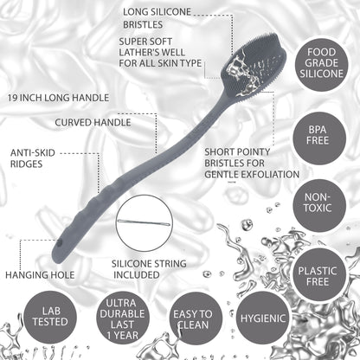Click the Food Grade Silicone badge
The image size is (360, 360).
click(321, 62)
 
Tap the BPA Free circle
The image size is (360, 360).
click(318, 135)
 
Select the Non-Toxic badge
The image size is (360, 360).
click(318, 202)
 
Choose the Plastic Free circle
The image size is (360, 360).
click(318, 276)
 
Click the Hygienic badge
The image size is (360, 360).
click(263, 318)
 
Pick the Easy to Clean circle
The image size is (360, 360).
click(192, 318)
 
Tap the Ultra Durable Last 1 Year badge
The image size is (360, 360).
click(122, 318)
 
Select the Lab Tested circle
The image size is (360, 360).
click(50, 317)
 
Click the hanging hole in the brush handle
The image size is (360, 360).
click(60, 244)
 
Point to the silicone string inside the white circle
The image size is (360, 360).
click(144, 222)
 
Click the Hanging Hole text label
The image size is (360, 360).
click(40, 275)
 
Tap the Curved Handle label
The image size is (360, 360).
click(93, 123)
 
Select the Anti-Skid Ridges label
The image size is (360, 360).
click(32, 158)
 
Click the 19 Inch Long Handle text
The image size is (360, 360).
click(58, 98)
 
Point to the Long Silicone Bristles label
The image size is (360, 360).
click(157, 18)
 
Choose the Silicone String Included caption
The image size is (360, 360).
click(149, 269)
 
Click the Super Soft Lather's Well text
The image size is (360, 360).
click(152, 47)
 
